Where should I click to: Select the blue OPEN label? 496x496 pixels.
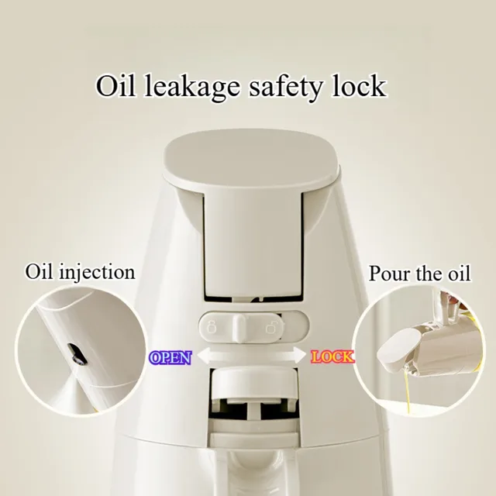170,357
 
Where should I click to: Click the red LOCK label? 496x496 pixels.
332,357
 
